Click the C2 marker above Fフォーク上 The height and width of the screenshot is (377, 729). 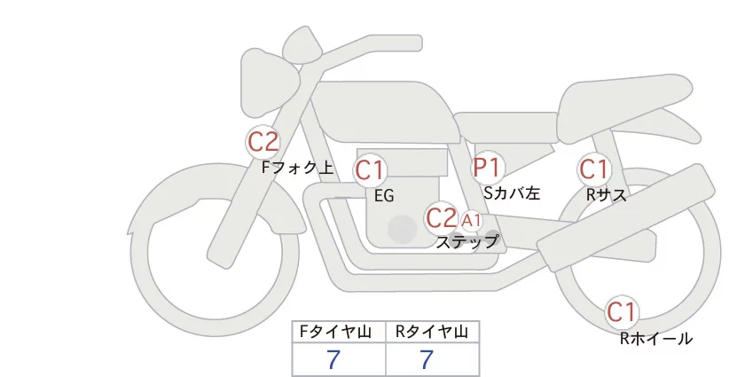tap(263, 141)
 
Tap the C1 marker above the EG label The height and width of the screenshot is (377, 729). tap(370, 169)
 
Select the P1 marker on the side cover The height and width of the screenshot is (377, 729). tap(487, 167)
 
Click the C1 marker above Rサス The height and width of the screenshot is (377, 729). tap(593, 169)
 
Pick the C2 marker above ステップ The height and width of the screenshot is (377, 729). tap(441, 217)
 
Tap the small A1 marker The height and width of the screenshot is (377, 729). tap(471, 220)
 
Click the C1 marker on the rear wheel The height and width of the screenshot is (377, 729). tap(621, 311)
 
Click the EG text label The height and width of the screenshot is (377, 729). tap(384, 196)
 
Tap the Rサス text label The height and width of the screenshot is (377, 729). tap(607, 194)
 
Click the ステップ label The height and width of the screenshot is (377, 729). tap(466, 240)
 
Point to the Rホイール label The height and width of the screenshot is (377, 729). tap(655, 338)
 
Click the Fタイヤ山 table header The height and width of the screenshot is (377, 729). tap(339, 332)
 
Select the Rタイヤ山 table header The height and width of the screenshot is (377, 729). tap(432, 332)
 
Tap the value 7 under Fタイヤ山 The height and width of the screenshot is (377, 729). tap(333, 359)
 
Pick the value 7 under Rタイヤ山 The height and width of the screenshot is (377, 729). tap(427, 359)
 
